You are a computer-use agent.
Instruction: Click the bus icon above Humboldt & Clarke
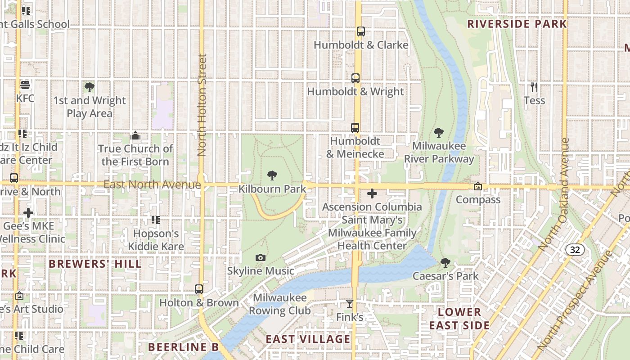click(360, 31)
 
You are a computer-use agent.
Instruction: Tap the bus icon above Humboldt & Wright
click(355, 78)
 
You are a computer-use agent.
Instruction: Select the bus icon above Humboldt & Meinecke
click(355, 128)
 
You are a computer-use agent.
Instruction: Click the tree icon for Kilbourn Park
click(272, 175)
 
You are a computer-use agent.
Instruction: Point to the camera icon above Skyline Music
click(260, 258)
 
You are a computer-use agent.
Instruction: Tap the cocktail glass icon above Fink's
click(349, 304)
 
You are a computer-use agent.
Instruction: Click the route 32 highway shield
click(575, 250)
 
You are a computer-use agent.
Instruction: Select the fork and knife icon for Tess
click(534, 87)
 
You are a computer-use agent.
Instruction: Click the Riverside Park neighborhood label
click(517, 24)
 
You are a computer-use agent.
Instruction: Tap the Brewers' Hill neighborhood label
click(95, 264)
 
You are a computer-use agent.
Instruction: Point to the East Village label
click(308, 339)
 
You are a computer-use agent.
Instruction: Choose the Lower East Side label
click(459, 319)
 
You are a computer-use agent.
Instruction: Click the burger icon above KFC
click(25, 85)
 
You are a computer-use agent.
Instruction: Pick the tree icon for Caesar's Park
click(445, 262)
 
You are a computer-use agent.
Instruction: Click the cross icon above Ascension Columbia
click(372, 194)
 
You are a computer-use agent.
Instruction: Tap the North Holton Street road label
click(202, 105)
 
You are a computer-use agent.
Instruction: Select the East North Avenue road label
click(152, 184)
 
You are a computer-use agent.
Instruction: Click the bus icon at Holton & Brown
click(199, 289)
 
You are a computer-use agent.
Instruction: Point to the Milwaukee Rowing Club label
click(279, 304)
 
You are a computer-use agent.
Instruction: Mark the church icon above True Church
click(135, 135)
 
